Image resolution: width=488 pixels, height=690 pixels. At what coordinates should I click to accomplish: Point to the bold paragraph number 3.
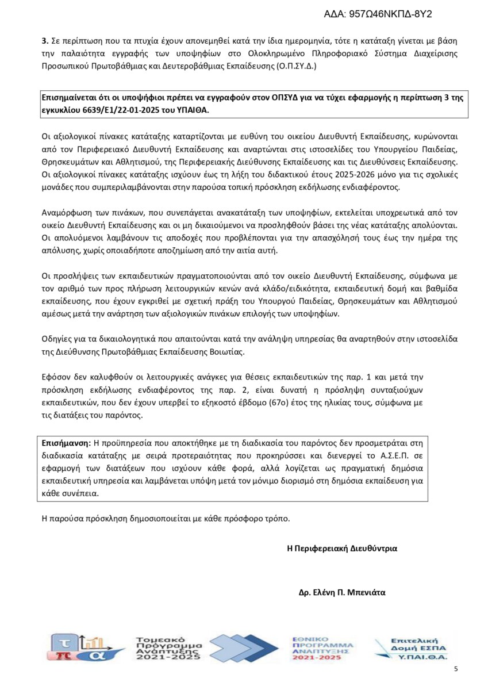[44, 42]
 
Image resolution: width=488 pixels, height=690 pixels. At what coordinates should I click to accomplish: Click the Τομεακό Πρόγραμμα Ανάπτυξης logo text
[168, 648]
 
